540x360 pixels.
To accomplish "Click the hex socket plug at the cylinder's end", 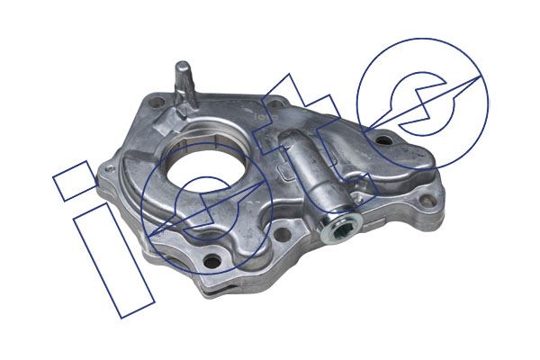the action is [x=341, y=228].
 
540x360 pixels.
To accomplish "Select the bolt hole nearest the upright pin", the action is [x=156, y=102].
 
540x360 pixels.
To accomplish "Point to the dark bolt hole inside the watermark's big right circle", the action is [x=383, y=140].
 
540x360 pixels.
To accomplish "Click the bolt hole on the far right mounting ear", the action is [x=427, y=200].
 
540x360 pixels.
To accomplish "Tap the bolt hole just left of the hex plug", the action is [x=283, y=234].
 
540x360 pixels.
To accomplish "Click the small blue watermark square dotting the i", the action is [x=75, y=181].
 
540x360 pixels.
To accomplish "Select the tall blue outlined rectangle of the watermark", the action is [x=114, y=261].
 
